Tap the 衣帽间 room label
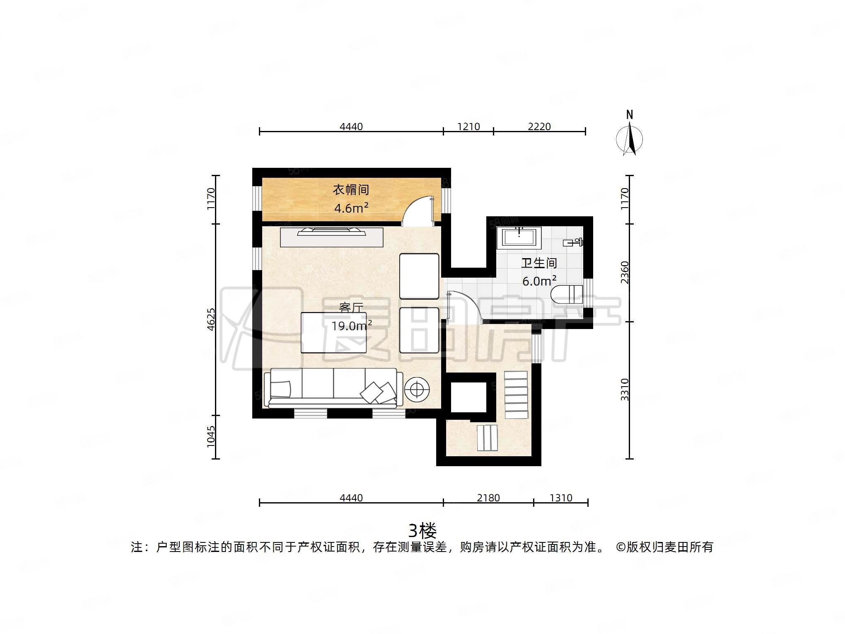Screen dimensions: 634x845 pyautogui.click(x=351, y=190)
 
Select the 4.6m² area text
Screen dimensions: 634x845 pyautogui.click(x=351, y=208)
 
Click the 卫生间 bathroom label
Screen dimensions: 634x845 pyautogui.click(x=539, y=263)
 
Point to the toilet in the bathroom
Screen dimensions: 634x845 pyautogui.click(x=567, y=294)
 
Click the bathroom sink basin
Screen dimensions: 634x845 pyautogui.click(x=519, y=238)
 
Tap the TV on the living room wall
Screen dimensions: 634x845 pyautogui.click(x=331, y=232)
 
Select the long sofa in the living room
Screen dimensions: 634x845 pyautogui.click(x=333, y=387)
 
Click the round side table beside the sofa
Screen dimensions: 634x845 pyautogui.click(x=417, y=389)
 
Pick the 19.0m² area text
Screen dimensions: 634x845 pyautogui.click(x=351, y=326)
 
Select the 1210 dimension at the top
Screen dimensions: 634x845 pyautogui.click(x=468, y=126)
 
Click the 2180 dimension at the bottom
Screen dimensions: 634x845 pyautogui.click(x=488, y=498)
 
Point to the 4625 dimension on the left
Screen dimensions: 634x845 pyautogui.click(x=211, y=319)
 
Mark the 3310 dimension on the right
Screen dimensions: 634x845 pyautogui.click(x=625, y=390)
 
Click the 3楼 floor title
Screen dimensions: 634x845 pyautogui.click(x=422, y=530)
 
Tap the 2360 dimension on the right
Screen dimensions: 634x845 pyautogui.click(x=625, y=272)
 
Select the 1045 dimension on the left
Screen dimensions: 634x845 pyautogui.click(x=211, y=436)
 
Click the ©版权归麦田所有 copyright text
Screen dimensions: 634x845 pyautogui.click(x=664, y=547)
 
